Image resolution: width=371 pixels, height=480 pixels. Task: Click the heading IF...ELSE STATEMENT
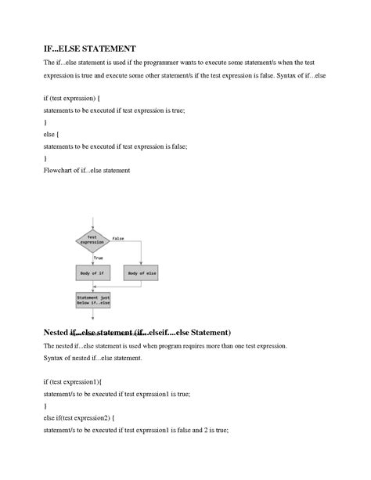pos(89,49)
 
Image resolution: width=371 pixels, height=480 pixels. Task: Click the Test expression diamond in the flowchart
pos(92,240)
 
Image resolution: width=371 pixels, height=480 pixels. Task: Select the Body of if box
pos(92,272)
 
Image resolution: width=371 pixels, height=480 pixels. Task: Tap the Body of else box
pos(142,272)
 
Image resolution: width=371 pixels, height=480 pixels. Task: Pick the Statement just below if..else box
pos(92,301)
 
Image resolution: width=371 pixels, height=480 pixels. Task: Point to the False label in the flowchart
pos(118,237)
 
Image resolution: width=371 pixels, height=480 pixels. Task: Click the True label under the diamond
pos(99,257)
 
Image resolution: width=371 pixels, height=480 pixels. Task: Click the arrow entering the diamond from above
pos(92,226)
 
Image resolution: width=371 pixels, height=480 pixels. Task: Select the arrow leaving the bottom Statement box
pos(92,315)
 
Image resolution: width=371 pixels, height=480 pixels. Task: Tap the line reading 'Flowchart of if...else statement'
pos(86,169)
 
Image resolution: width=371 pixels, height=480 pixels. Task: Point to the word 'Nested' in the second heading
pos(57,332)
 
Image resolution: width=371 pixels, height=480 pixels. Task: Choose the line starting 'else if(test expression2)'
pos(79,417)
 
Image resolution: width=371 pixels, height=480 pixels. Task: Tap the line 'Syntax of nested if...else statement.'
pos(92,358)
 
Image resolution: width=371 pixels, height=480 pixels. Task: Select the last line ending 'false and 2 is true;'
pos(135,430)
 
